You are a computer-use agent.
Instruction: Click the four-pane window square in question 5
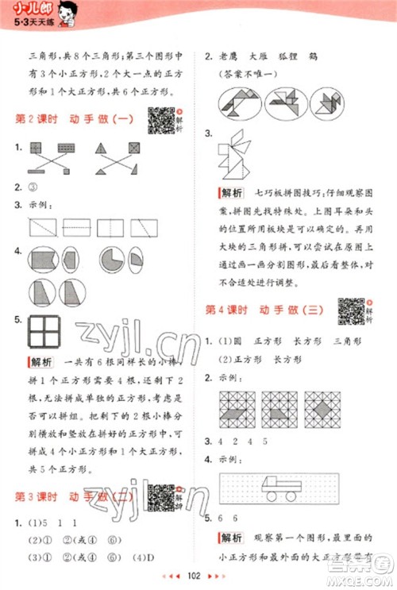44,328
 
